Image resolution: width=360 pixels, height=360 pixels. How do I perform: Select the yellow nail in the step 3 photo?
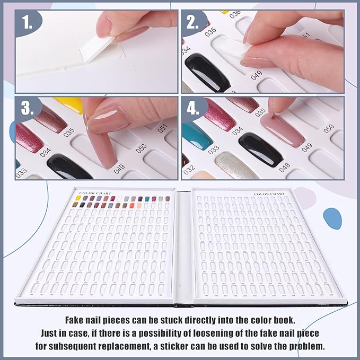(x=69, y=103)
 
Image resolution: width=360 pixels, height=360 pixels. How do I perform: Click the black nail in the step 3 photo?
(x=69, y=167)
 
